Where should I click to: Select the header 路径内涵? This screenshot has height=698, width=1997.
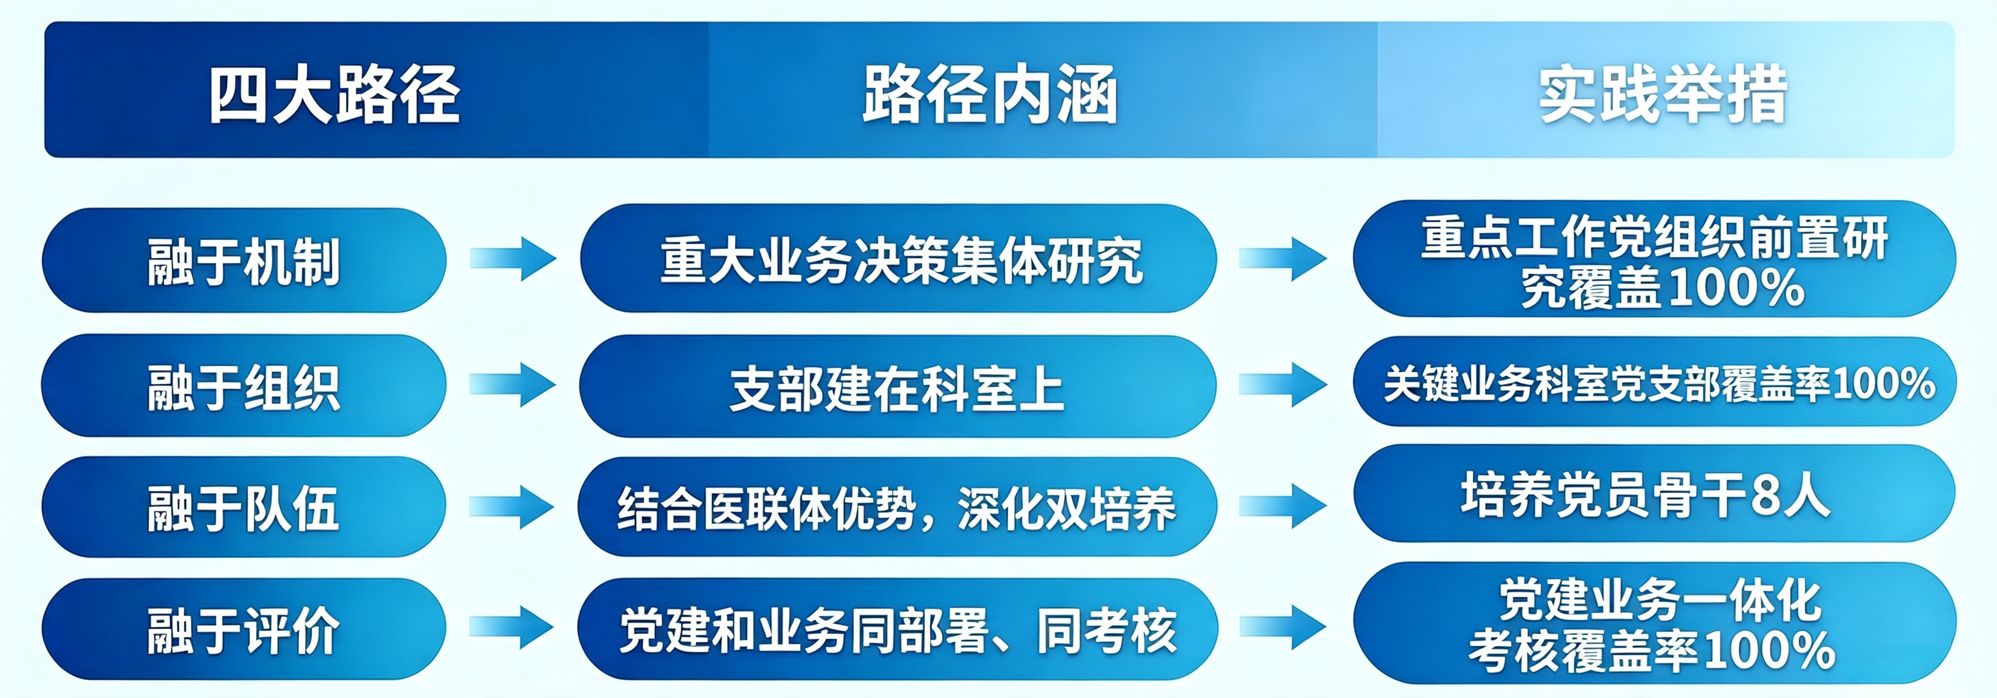(x=990, y=95)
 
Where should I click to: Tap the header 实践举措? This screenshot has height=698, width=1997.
(x=1664, y=95)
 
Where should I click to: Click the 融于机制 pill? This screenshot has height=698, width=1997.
(x=244, y=261)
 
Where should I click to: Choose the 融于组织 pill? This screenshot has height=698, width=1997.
(x=244, y=385)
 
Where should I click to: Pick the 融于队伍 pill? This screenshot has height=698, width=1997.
(x=244, y=507)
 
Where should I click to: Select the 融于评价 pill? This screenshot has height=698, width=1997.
(x=244, y=629)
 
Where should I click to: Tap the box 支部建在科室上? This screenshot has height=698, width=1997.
(x=899, y=386)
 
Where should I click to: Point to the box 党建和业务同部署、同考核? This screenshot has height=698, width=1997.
(x=899, y=629)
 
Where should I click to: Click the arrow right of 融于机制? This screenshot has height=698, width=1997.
(x=513, y=258)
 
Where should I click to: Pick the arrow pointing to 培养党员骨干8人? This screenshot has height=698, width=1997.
(x=1283, y=506)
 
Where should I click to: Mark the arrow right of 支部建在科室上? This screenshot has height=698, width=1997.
(x=1283, y=385)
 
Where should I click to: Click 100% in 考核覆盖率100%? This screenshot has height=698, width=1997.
(x=1769, y=650)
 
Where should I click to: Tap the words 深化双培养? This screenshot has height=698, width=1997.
(x=1068, y=509)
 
